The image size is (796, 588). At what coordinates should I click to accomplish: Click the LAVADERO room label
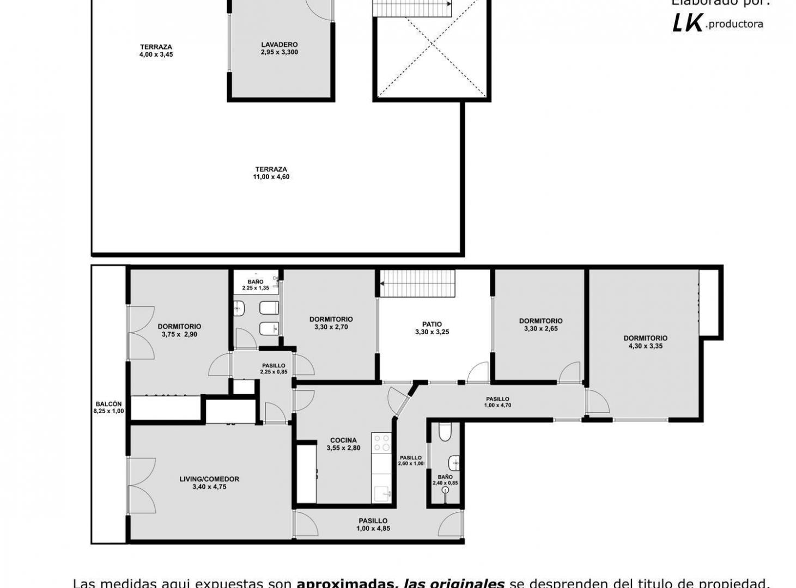[x=279, y=45]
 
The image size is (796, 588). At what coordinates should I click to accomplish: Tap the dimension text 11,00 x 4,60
[x=271, y=177]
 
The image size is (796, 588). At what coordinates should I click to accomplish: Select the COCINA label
[x=343, y=440]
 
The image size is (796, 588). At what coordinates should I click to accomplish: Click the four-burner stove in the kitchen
[x=381, y=443]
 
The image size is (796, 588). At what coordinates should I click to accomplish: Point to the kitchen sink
[x=384, y=494]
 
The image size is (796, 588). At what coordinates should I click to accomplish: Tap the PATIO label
[x=432, y=324]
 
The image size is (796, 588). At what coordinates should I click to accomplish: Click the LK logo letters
[x=687, y=23]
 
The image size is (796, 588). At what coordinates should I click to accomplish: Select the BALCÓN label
[x=108, y=404]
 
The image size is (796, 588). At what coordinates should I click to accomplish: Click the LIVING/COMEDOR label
[x=209, y=479]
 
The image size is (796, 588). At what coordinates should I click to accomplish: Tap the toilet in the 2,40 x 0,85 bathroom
[x=445, y=433]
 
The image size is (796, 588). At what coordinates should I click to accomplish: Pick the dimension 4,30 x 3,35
[x=645, y=346]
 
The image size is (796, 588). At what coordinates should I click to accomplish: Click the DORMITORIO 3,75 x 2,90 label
[x=179, y=327]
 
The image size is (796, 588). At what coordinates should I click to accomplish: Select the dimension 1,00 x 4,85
[x=373, y=529]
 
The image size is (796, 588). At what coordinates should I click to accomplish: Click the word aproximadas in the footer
[x=345, y=583]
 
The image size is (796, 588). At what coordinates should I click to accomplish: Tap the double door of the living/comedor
[x=142, y=486]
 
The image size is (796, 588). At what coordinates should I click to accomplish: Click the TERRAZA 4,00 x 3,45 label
[x=156, y=47]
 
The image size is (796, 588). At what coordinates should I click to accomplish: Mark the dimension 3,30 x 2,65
[x=540, y=329]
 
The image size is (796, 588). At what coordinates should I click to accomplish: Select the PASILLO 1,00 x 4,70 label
[x=497, y=399]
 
